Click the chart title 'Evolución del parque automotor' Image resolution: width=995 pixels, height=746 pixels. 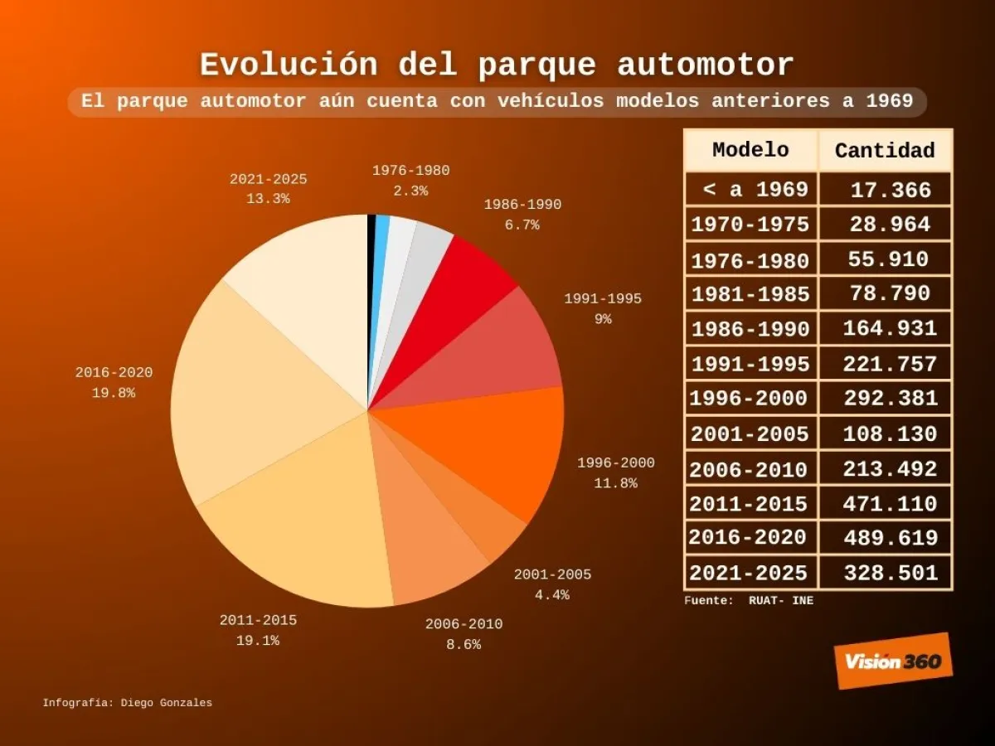(x=497, y=65)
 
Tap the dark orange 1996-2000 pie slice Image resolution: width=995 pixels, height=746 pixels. (x=498, y=448)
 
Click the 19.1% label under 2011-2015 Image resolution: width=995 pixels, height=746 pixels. (x=258, y=641)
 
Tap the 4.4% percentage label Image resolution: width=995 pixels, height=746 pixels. (x=552, y=594)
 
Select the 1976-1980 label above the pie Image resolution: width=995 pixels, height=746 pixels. (x=410, y=171)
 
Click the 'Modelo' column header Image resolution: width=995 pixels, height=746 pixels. (x=750, y=150)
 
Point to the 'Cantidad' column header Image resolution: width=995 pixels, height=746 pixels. (x=885, y=151)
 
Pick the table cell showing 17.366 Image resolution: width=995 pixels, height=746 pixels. (x=891, y=190)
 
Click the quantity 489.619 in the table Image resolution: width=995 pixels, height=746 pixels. (x=891, y=538)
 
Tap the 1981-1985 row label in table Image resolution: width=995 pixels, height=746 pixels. (x=750, y=294)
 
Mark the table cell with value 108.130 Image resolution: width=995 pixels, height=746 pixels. (x=890, y=434)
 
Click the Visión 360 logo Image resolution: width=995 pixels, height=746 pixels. (x=893, y=661)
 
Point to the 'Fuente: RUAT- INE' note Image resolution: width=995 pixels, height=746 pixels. (x=749, y=601)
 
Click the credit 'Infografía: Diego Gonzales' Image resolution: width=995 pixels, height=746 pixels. (x=128, y=703)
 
